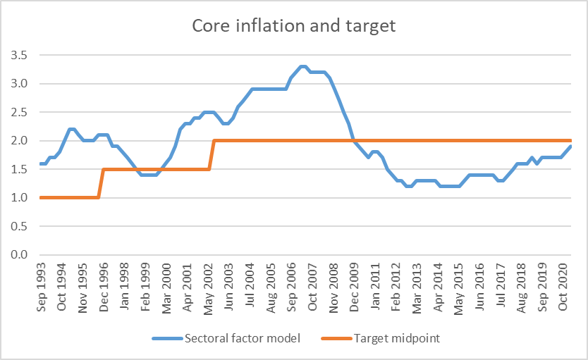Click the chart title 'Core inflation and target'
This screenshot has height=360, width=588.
pyautogui.click(x=294, y=27)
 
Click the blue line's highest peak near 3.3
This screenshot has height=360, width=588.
pyautogui.click(x=302, y=66)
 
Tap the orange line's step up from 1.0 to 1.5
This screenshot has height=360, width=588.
pyautogui.click(x=101, y=183)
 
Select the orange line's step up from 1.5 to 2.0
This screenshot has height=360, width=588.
pyautogui.click(x=212, y=155)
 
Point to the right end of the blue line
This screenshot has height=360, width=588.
pyautogui.click(x=570, y=146)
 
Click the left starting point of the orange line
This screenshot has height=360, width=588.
pyautogui.click(x=41, y=197)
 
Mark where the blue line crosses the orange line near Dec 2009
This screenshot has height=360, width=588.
pyautogui.click(x=353, y=140)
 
